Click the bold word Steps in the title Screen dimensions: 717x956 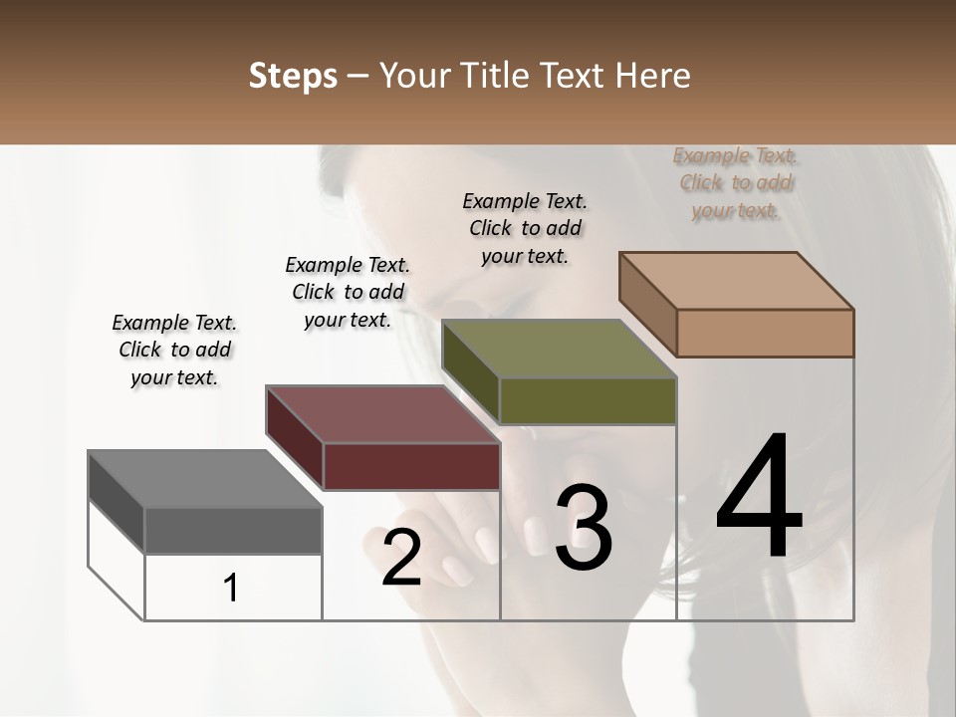pos(293,77)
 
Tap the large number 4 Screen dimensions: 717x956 pos(759,497)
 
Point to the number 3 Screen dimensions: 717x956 pos(583,528)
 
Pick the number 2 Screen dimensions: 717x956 pos(401,558)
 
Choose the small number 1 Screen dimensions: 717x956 pos(231,589)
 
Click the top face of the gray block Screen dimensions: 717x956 pos(205,479)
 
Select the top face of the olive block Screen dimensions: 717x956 pos(559,349)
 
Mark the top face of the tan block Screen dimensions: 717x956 pos(736,281)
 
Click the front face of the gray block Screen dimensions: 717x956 pos(233,530)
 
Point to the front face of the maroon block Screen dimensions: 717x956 pos(411,466)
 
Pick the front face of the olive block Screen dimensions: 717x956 pos(588,400)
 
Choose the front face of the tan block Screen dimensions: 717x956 pos(765,333)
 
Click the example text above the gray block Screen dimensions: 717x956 pos(174,350)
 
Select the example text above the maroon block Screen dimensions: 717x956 pos(348,292)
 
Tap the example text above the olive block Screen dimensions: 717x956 pos(525,228)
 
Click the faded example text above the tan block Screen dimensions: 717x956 pos(735,182)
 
